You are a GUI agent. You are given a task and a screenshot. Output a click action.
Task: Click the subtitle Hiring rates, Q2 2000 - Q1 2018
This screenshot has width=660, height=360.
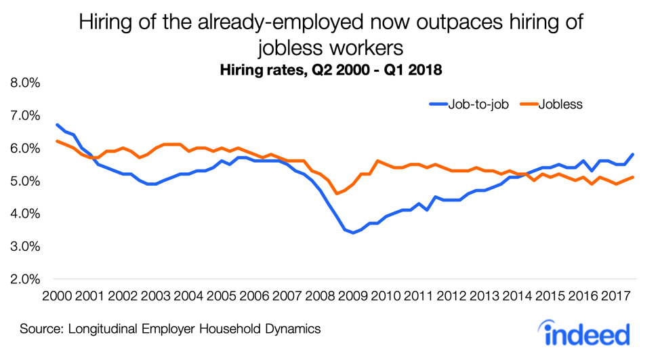point(330,70)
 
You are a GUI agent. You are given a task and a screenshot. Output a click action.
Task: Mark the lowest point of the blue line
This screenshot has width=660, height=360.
point(353,233)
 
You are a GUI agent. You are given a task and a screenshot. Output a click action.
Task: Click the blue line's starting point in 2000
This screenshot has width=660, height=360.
point(57,125)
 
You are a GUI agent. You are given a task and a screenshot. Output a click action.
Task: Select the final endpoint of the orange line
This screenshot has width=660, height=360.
point(633,177)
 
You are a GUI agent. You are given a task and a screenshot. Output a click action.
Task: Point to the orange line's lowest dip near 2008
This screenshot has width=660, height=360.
point(337,194)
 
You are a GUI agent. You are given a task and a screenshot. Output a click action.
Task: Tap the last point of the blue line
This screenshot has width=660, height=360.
point(633,154)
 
